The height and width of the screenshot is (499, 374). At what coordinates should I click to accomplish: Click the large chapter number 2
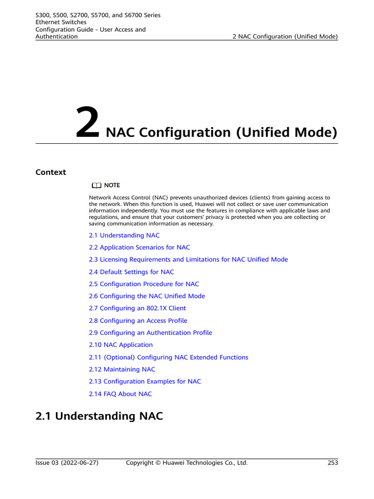(x=88, y=124)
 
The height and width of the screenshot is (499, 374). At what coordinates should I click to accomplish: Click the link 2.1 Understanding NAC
(x=124, y=235)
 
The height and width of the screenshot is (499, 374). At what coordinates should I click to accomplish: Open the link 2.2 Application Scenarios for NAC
(x=139, y=248)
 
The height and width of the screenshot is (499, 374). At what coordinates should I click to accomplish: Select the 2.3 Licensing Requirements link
(x=188, y=260)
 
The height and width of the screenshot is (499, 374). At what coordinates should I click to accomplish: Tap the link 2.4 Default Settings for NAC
(x=131, y=272)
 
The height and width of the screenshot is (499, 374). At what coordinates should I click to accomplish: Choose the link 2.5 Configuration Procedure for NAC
(x=144, y=284)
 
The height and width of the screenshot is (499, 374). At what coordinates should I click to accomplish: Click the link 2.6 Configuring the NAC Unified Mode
(x=147, y=296)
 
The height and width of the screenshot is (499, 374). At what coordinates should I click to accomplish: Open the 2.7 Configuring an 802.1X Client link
(x=137, y=308)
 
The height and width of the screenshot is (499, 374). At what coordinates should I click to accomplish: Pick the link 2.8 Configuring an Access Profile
(x=138, y=321)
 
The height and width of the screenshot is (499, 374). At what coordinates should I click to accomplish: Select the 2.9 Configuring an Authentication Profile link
(x=150, y=333)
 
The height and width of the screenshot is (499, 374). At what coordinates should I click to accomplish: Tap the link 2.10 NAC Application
(x=121, y=345)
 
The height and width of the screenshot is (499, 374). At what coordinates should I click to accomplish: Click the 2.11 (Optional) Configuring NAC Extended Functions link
(x=168, y=357)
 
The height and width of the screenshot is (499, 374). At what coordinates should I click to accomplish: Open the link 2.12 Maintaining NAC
(x=122, y=369)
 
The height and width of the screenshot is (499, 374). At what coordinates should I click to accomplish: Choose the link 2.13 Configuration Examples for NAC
(x=145, y=382)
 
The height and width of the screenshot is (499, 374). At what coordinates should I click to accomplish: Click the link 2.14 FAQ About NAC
(x=120, y=394)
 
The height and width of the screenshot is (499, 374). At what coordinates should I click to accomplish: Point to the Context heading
(x=51, y=172)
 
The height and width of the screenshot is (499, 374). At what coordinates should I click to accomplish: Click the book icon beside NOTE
(x=96, y=185)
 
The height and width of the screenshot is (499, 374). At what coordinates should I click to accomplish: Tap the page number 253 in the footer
(x=333, y=463)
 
